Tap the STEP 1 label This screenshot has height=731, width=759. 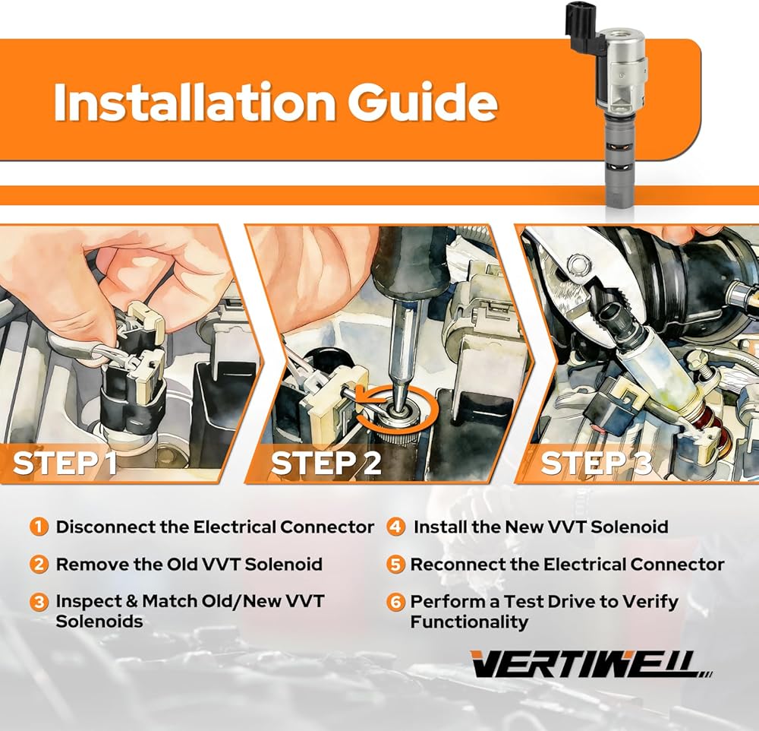coord(65,463)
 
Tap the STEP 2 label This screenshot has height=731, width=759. coord(326,463)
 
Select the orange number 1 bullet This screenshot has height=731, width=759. coord(39,527)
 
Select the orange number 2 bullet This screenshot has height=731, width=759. coord(39,565)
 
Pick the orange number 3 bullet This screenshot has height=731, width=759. coord(39,602)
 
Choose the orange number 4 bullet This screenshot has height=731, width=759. coord(396,527)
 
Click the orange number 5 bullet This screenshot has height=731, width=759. coord(396,565)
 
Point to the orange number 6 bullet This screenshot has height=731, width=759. coord(396,602)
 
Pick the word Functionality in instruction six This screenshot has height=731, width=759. coord(469,622)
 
